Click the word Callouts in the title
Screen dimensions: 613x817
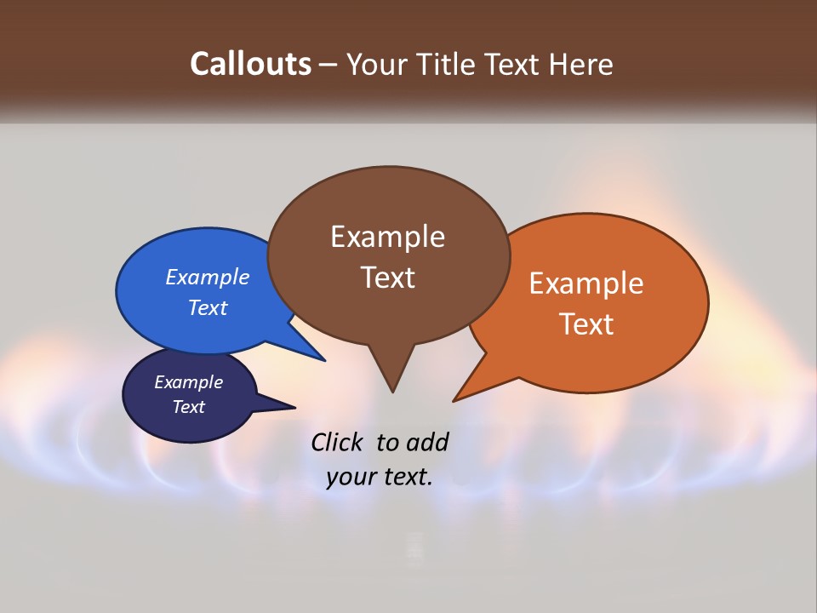click(x=251, y=64)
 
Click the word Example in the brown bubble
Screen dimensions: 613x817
click(x=387, y=237)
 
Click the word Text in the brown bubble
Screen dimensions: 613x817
click(x=387, y=278)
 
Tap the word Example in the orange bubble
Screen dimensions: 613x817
click(x=586, y=284)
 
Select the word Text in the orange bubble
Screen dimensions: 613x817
click(x=586, y=324)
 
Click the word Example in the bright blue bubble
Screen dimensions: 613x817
click(x=208, y=277)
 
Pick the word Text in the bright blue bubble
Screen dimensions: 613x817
click(x=208, y=307)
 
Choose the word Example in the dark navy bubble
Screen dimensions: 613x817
click(x=188, y=382)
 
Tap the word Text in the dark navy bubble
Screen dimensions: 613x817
click(x=188, y=407)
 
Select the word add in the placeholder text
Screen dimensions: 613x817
click(x=427, y=442)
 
